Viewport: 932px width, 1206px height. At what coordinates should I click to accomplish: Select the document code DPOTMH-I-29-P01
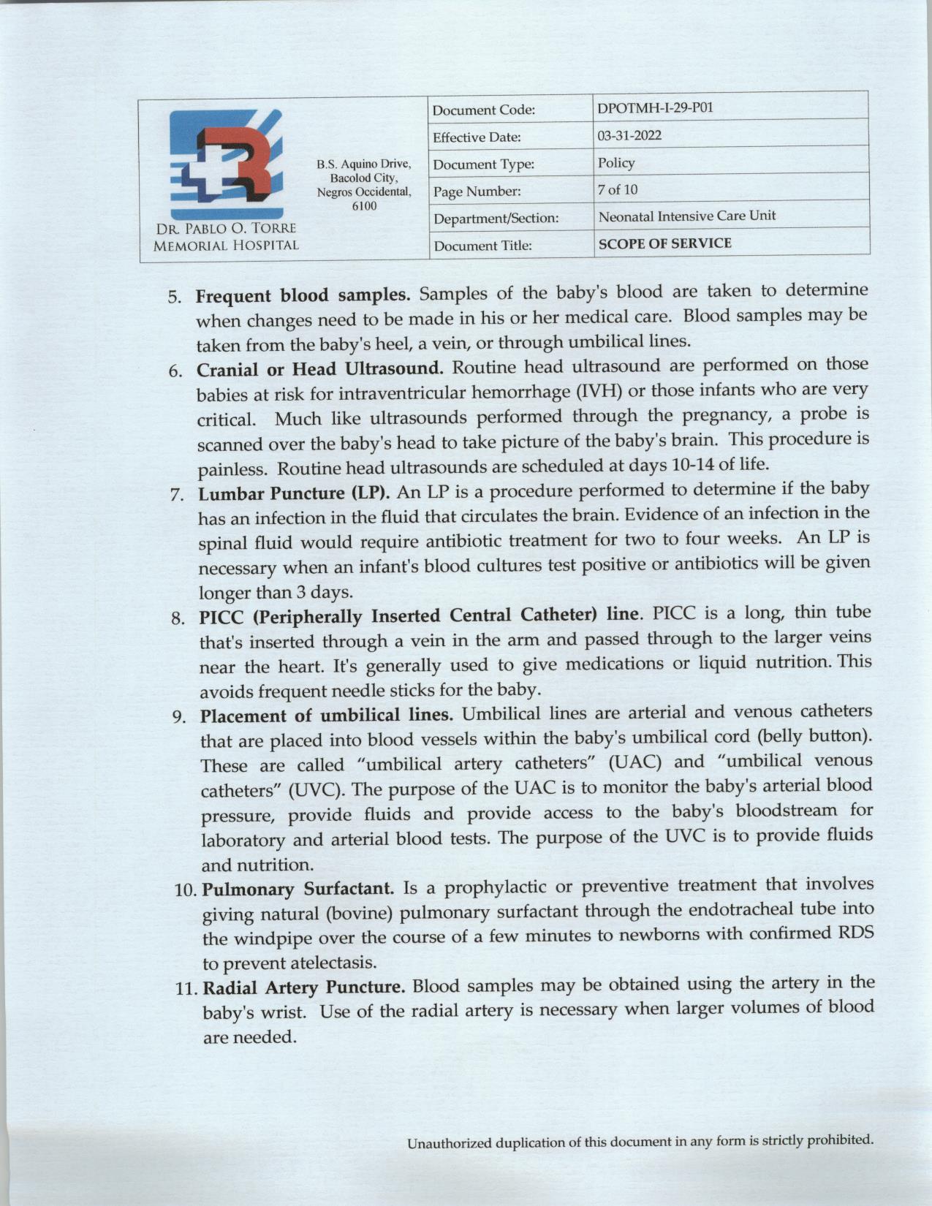(x=655, y=108)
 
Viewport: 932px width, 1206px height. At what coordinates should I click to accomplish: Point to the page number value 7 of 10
(x=618, y=190)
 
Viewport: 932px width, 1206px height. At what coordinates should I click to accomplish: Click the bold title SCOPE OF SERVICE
(x=664, y=243)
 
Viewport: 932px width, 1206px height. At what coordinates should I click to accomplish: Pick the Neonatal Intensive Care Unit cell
(x=687, y=216)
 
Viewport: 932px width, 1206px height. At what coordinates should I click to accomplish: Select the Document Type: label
(x=483, y=164)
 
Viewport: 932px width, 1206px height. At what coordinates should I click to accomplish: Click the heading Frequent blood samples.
(x=302, y=295)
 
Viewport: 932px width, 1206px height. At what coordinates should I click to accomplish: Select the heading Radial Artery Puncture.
(x=303, y=988)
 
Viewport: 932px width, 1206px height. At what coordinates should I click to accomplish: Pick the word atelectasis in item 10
(x=341, y=962)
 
